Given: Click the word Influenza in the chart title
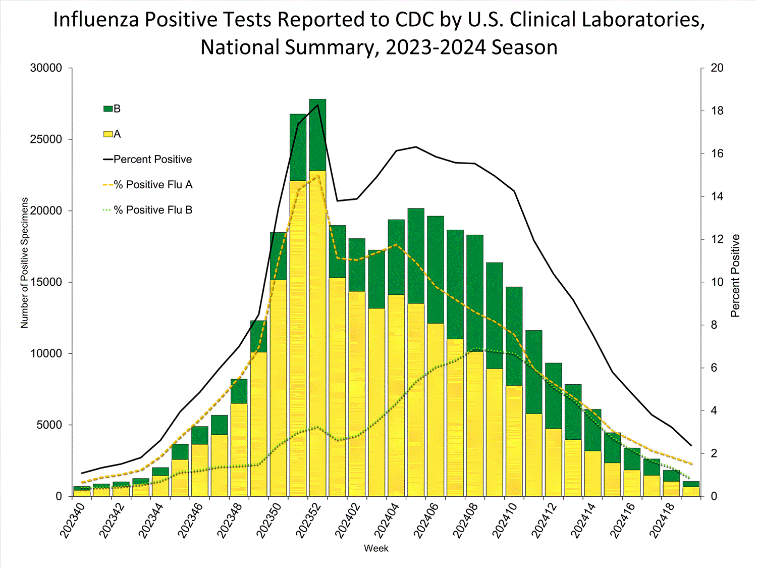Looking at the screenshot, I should click(96, 20).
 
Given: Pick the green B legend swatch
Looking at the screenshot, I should click(108, 109).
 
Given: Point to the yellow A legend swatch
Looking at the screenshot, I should click(108, 134).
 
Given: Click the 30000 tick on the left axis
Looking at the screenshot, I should click(46, 68).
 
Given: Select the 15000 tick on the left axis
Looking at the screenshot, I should click(46, 282).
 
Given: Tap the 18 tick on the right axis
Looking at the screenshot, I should click(717, 111).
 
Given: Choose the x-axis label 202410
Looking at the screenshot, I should click(504, 520).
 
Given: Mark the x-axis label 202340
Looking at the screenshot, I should click(72, 520).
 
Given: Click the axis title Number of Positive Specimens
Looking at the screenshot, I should click(25, 263).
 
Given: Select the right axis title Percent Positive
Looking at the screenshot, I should click(735, 276).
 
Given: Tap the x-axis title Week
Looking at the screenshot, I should click(376, 548).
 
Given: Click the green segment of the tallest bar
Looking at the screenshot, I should click(317, 135).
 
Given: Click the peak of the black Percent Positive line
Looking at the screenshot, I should click(317, 105).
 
